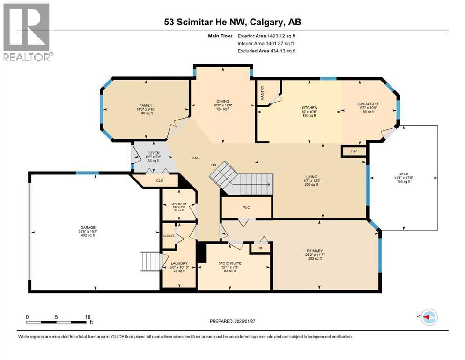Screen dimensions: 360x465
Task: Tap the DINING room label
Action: pos(222,100)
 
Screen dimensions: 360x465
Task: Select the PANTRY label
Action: pos(262,92)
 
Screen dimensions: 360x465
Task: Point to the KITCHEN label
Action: pos(309,107)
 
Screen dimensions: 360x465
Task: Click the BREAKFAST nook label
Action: pos(368,104)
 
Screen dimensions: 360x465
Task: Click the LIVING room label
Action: pos(310,177)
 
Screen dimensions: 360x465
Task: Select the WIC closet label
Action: pos(246,207)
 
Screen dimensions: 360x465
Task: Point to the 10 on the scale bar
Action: pos(87,317)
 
